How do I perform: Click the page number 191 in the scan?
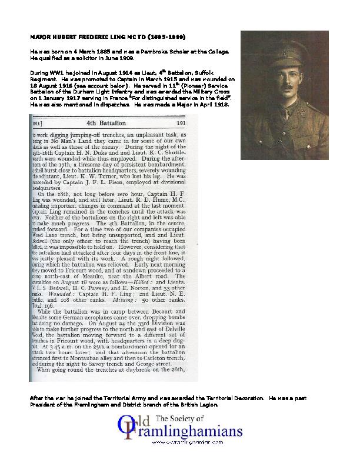pyautogui.click(x=180, y=125)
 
